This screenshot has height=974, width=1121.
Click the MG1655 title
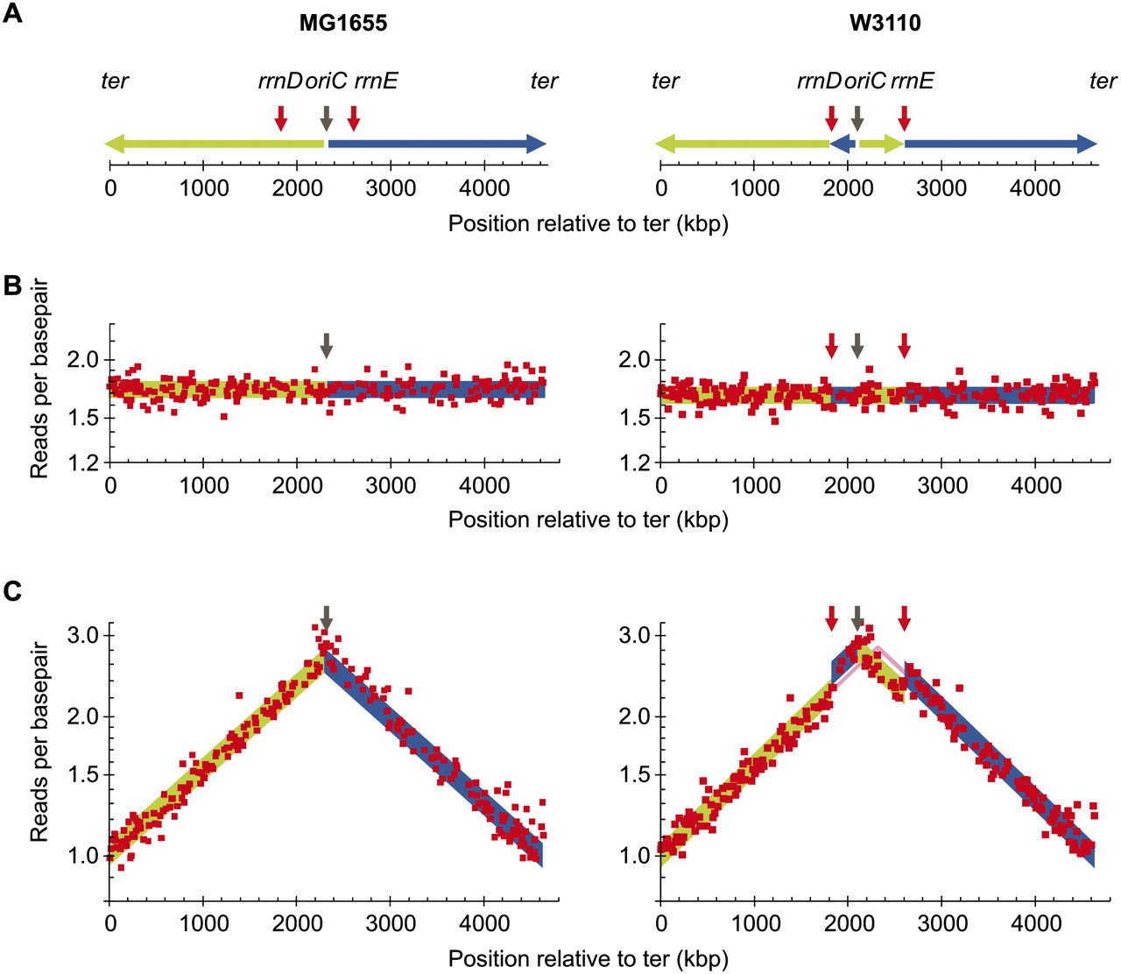pyautogui.click(x=343, y=23)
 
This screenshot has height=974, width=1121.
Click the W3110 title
pyautogui.click(x=885, y=23)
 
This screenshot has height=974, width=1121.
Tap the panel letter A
pyautogui.click(x=12, y=12)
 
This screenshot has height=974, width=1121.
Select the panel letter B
pyautogui.click(x=12, y=286)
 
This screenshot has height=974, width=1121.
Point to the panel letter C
pyautogui.click(x=12, y=591)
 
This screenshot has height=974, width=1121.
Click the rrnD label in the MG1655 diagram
pyautogui.click(x=280, y=81)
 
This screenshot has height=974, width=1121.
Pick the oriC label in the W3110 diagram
pyautogui.click(x=864, y=81)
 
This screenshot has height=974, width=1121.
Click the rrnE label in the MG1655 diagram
pyautogui.click(x=376, y=81)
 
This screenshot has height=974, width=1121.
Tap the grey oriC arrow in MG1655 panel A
pyautogui.click(x=326, y=117)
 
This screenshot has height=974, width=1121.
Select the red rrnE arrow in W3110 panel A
pyautogui.click(x=905, y=117)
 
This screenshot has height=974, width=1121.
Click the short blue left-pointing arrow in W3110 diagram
pyautogui.click(x=843, y=144)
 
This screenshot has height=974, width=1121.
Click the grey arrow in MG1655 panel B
pyautogui.click(x=326, y=346)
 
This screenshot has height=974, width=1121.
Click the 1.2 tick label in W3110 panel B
pyautogui.click(x=634, y=463)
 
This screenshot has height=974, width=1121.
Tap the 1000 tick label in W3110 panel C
pyautogui.click(x=754, y=923)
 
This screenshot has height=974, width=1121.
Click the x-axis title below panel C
pyautogui.click(x=588, y=958)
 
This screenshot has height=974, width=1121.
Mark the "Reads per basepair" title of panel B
pyautogui.click(x=39, y=379)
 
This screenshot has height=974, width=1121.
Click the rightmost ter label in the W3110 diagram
pyautogui.click(x=1103, y=81)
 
